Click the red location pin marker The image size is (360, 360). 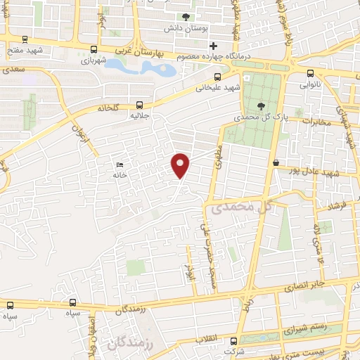click(x=181, y=165)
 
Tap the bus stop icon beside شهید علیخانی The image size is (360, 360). click(x=217, y=76)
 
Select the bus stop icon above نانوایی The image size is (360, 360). click(x=311, y=73)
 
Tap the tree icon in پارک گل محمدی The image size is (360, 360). click(x=262, y=105)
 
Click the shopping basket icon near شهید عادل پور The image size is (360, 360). click(x=276, y=163)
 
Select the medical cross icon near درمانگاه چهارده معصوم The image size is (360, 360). click(x=213, y=46)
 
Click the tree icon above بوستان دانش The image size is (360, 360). click(x=186, y=17)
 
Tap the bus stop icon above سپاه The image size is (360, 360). click(x=11, y=305)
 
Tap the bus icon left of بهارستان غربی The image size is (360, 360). click(x=94, y=49)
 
